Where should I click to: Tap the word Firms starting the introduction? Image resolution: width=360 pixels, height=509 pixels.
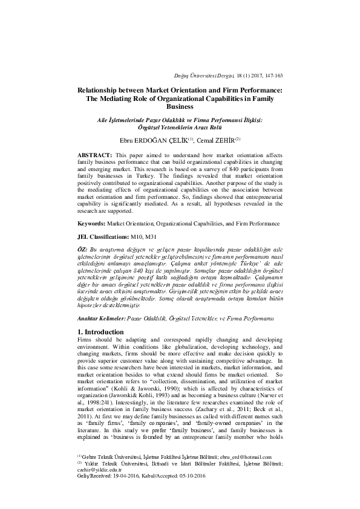[x=86, y=342]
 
